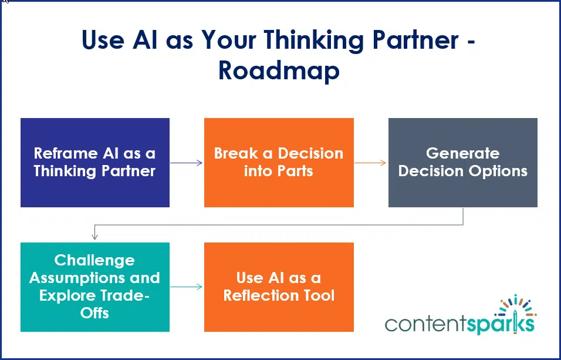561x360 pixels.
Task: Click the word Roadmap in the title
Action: pyautogui.click(x=279, y=71)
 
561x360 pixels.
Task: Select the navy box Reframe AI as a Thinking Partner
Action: pyautogui.click(x=95, y=163)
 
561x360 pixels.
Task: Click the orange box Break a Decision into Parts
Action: pyautogui.click(x=279, y=163)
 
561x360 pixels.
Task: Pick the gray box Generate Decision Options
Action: pyautogui.click(x=462, y=163)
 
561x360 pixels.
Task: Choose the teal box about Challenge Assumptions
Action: pyautogui.click(x=95, y=287)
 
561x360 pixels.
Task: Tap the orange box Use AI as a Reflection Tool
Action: pyautogui.click(x=279, y=287)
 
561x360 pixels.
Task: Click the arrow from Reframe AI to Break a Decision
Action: pyautogui.click(x=187, y=163)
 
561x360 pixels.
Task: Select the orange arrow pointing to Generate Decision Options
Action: pyautogui.click(x=370, y=163)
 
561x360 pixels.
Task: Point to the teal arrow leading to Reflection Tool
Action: pyautogui.click(x=187, y=287)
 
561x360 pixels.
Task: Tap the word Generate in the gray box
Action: pyautogui.click(x=462, y=154)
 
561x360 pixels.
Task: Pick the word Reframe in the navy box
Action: pyautogui.click(x=65, y=154)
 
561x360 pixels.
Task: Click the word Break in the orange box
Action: pyautogui.click(x=236, y=154)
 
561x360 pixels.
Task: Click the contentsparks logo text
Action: pyautogui.click(x=459, y=324)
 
